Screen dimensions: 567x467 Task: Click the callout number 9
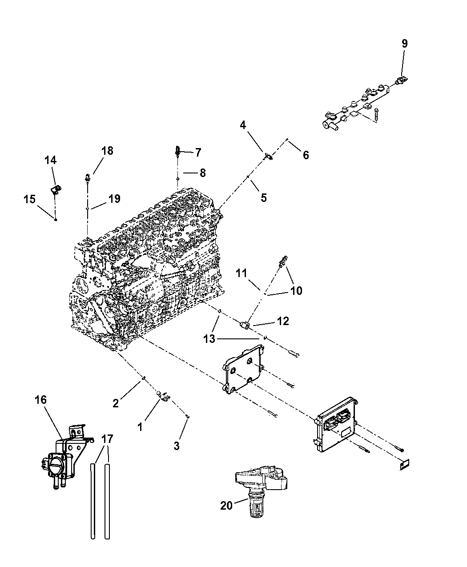(x=404, y=44)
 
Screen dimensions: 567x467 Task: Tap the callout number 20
(x=226, y=506)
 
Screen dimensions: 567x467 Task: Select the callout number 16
(x=40, y=400)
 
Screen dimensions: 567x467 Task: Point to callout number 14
(x=51, y=160)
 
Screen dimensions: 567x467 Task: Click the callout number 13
(x=209, y=339)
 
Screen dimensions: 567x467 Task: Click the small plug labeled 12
(x=245, y=326)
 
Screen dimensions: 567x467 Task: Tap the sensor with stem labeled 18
(x=89, y=178)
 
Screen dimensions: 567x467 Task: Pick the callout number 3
(x=177, y=446)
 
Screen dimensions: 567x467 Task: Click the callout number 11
(x=242, y=273)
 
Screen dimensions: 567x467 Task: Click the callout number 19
(x=114, y=198)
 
